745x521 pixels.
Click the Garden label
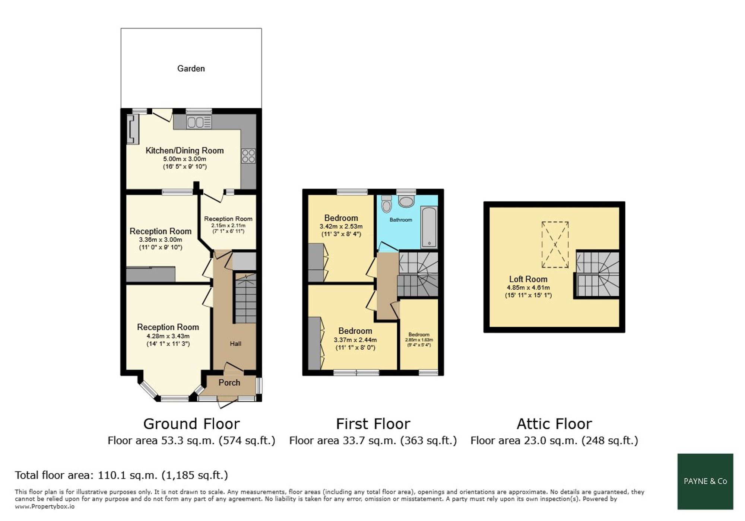click(191, 69)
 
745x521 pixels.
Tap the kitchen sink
click(199, 122)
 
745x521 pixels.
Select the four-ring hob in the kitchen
click(248, 156)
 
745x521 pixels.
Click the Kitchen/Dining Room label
click(185, 150)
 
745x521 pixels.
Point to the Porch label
click(229, 382)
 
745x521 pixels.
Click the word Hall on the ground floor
click(235, 344)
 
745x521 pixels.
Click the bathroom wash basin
click(406, 201)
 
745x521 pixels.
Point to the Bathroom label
click(401, 220)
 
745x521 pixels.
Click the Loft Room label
click(528, 279)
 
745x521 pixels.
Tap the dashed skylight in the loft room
click(555, 245)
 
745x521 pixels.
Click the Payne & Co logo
click(705, 481)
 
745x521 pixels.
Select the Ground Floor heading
click(191, 424)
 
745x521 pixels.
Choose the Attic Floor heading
click(554, 424)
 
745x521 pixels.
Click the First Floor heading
click(373, 424)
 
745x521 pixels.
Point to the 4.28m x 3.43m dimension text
click(168, 336)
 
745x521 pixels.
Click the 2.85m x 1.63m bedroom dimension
click(419, 340)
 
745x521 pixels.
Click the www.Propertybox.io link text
click(45, 506)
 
